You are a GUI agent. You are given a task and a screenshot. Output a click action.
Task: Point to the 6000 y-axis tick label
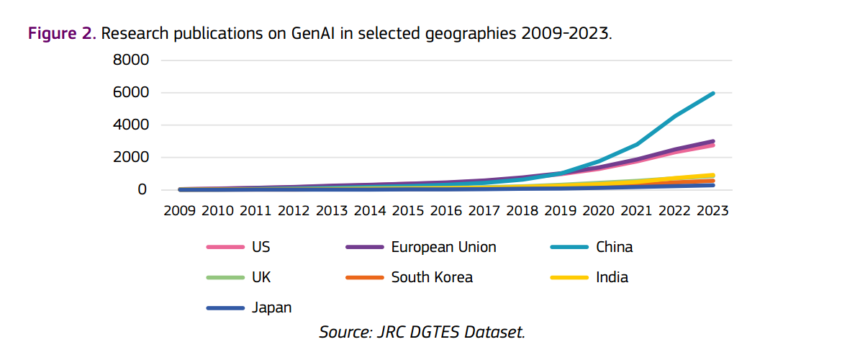[130, 93]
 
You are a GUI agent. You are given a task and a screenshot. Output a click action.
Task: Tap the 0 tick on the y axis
[142, 190]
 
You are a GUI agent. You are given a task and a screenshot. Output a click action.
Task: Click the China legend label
[614, 248]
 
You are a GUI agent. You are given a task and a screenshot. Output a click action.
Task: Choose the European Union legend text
[443, 248]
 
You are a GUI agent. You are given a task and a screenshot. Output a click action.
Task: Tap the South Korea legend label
[432, 277]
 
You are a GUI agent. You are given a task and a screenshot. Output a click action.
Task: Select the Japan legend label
[271, 307]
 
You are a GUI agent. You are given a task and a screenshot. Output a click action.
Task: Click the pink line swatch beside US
[225, 248]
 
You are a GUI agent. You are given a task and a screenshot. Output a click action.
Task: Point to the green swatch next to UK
[225, 277]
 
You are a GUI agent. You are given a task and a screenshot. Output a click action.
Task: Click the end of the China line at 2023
[712, 94]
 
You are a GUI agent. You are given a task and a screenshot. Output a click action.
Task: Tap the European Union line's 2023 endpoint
[712, 142]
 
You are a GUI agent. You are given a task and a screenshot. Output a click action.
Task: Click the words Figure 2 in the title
[61, 33]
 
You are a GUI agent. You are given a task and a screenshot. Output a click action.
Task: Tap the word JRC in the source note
[388, 332]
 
